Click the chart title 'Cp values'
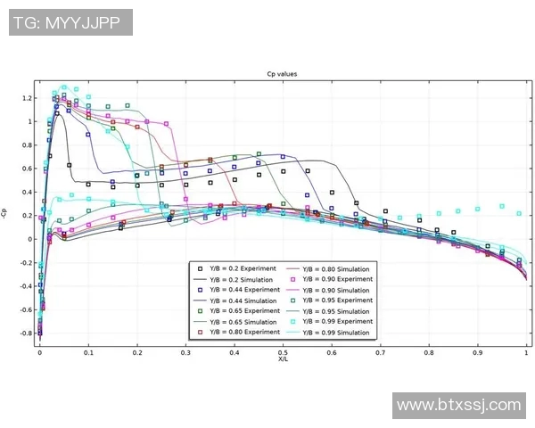(283, 74)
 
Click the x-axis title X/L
(283, 359)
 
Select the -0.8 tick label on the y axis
(26, 333)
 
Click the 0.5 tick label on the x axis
(283, 352)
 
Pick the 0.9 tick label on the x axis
(478, 352)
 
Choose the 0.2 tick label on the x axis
(136, 352)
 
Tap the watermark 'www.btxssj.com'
(458, 406)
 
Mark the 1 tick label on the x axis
(526, 352)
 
